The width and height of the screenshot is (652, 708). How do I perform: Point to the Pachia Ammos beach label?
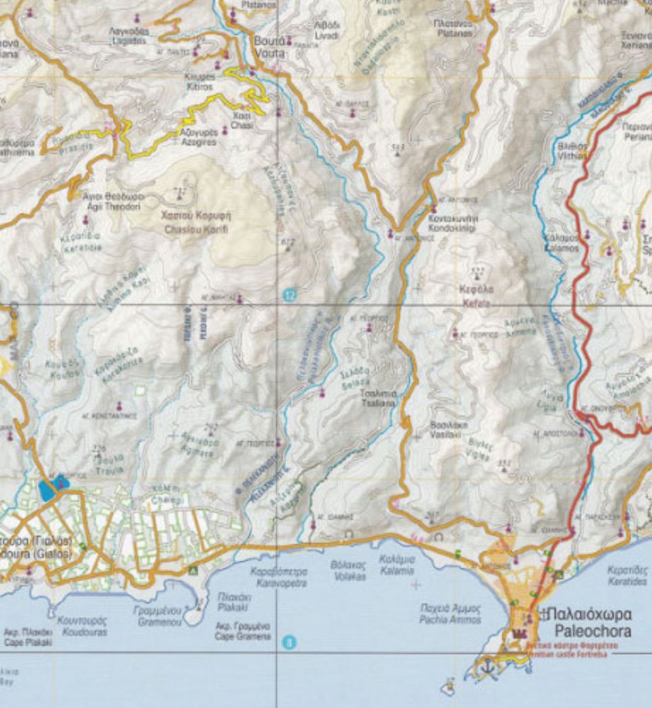[450, 613]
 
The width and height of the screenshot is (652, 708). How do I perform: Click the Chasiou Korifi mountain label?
[198, 222]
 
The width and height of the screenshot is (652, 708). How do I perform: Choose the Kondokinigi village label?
[453, 223]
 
